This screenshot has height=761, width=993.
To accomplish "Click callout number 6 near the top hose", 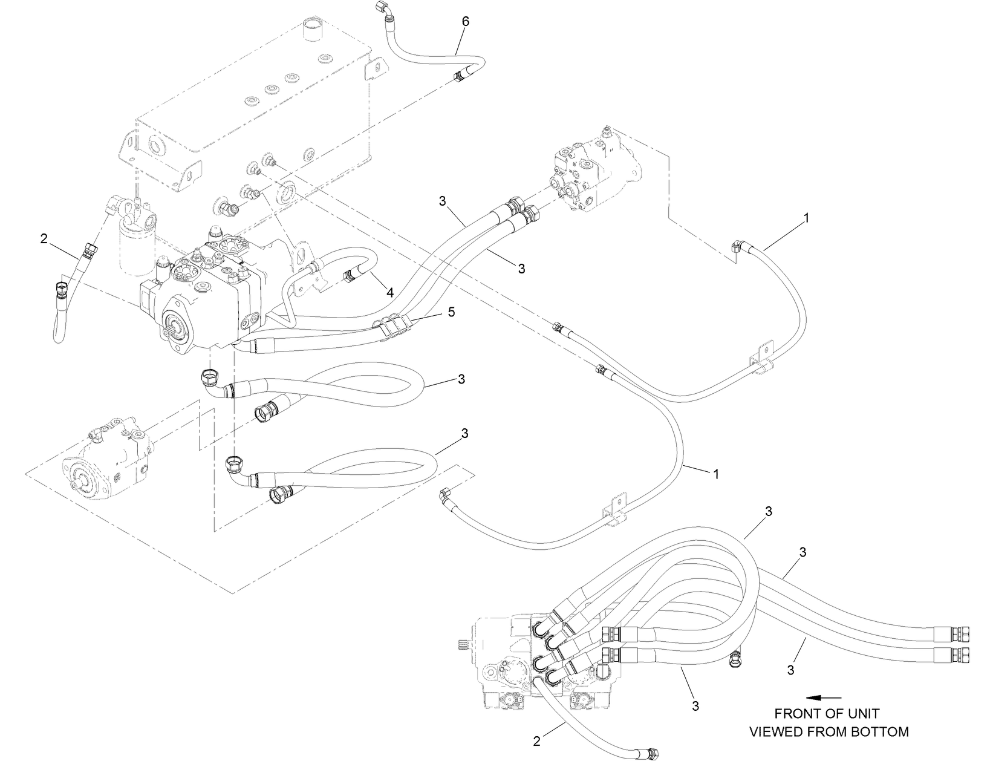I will pyautogui.click(x=465, y=21).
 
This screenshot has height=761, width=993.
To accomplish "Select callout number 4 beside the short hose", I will pyautogui.click(x=390, y=293).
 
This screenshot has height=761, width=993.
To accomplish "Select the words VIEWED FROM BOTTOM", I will pyautogui.click(x=829, y=732).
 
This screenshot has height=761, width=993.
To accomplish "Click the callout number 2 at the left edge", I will pyautogui.click(x=44, y=239).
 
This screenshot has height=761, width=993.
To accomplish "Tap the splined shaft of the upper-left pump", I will pyautogui.click(x=171, y=332).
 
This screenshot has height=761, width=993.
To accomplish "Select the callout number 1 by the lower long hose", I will pyautogui.click(x=716, y=474).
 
